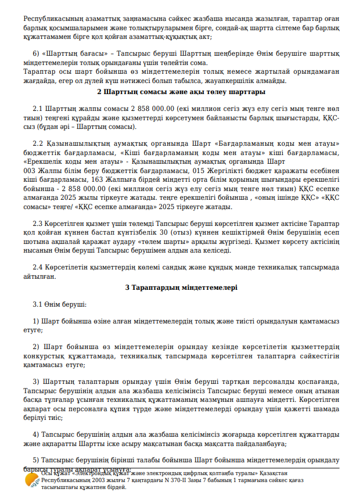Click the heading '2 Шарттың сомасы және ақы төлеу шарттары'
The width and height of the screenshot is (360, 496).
coord(181,92)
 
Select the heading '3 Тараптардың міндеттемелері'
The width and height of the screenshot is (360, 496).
coord(181,287)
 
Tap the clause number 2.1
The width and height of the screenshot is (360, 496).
coord(38,109)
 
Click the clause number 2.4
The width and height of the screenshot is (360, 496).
coord(38,267)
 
